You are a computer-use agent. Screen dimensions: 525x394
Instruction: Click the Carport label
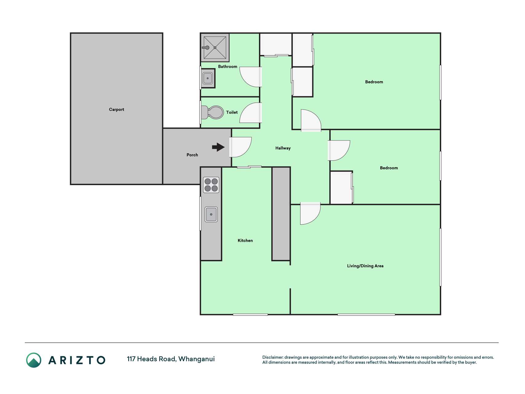point(116,110)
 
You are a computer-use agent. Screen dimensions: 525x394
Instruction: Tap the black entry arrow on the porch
point(218,147)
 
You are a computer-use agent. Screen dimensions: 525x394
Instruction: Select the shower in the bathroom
point(215,47)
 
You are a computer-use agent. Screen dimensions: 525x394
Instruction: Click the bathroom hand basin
point(208,78)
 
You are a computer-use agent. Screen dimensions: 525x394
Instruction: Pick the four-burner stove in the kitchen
point(211,185)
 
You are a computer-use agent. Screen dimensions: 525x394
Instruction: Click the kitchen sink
point(211,214)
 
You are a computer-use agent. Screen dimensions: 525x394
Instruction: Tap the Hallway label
point(283,148)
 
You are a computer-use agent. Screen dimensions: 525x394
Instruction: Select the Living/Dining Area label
point(365,266)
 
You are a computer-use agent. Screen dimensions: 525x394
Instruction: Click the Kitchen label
point(245,241)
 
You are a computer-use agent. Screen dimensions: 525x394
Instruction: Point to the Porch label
point(192,155)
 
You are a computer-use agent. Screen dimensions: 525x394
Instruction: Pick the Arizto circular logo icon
point(34,360)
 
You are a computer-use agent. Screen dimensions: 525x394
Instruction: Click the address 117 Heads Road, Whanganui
point(171,359)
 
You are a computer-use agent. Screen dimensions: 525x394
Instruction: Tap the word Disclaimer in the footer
point(273,357)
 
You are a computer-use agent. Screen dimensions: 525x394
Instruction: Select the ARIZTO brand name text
point(77,360)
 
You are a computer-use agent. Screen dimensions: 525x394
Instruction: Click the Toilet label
point(232,112)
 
